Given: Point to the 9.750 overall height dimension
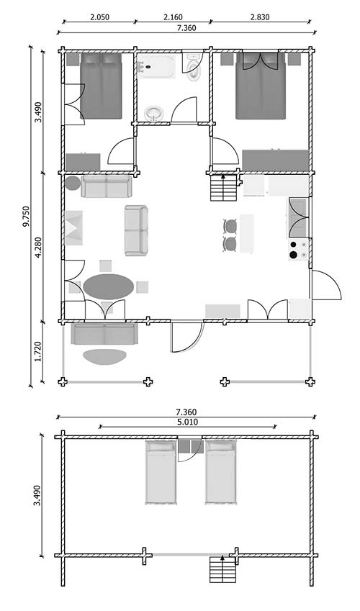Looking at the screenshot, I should (26, 217).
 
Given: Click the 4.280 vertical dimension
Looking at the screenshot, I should (39, 247).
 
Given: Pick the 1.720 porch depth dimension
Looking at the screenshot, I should (39, 352).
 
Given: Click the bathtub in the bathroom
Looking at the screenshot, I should (156, 67).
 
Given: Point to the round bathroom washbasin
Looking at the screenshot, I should (154, 114).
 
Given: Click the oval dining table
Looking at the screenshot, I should (108, 286).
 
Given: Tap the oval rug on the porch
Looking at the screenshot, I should (104, 356).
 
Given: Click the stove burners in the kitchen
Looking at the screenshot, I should (297, 249).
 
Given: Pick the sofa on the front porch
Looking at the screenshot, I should (104, 334).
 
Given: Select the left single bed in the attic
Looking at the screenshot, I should (161, 473).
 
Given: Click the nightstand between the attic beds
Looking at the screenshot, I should (191, 447).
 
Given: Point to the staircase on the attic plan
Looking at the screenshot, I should (222, 570).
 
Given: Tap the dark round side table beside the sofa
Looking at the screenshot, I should (73, 184).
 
